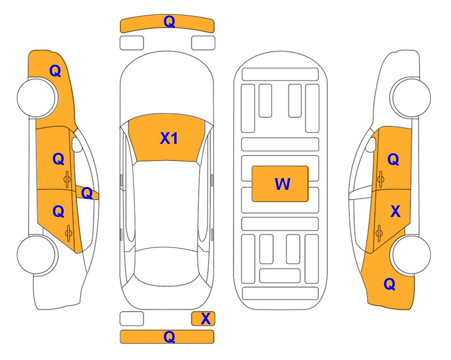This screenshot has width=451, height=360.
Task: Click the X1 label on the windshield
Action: click(169, 138)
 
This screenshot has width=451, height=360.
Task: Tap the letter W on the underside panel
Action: click(282, 184)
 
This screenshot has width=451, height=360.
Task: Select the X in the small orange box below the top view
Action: click(206, 319)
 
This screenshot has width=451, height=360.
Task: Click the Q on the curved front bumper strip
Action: click(170, 22)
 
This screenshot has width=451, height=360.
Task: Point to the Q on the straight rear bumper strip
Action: click(170, 337)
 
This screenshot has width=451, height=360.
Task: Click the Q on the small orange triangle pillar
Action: click(87, 193)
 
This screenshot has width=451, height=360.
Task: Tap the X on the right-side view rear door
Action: click(395, 211)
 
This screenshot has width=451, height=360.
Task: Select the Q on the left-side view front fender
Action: click(55, 71)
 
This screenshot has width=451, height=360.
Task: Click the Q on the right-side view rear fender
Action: click(390, 284)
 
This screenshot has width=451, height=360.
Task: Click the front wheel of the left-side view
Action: click(37, 97)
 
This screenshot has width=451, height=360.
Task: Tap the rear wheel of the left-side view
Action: click(37, 255)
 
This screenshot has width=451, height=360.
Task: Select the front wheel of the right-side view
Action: click(410, 97)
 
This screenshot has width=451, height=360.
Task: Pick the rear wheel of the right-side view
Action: click(410, 255)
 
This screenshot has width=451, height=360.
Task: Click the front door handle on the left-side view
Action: click(67, 180)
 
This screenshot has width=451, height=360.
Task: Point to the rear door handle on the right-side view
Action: click(379, 233)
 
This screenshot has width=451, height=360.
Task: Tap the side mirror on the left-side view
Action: click(76, 144)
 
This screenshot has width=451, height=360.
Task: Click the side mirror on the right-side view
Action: click(371, 144)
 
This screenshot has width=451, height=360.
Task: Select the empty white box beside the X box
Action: click(132, 319)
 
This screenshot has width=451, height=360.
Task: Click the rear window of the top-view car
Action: click(167, 267)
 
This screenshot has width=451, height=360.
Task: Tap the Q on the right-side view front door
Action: click(393, 159)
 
